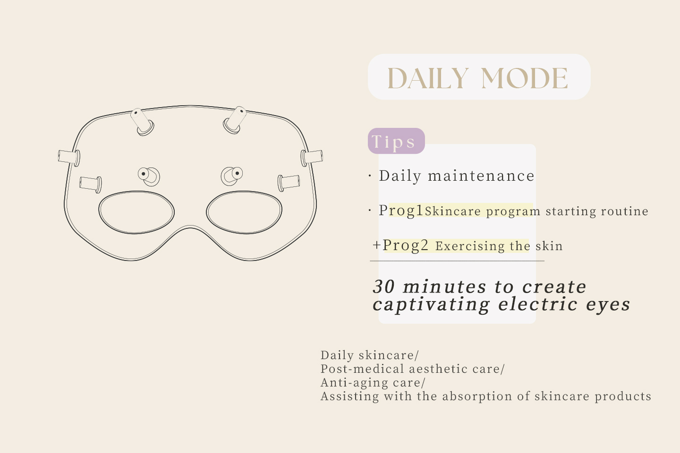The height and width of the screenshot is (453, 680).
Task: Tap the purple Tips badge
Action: (x=396, y=141)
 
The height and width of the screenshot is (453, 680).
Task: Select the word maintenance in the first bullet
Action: (x=481, y=176)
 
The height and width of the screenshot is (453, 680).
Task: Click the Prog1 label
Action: (x=401, y=210)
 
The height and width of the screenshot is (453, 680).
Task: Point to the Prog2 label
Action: (x=405, y=245)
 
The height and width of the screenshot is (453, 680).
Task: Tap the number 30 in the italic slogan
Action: (x=384, y=287)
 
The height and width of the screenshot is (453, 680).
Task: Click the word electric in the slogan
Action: (x=537, y=304)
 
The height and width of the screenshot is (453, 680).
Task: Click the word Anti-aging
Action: (x=354, y=383)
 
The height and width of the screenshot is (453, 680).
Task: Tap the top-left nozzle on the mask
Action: (x=142, y=122)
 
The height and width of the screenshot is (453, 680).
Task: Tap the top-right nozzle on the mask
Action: (x=235, y=120)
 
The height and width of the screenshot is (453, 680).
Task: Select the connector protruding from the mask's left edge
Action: (x=69, y=158)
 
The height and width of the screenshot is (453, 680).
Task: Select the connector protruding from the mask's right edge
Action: (x=312, y=158)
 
